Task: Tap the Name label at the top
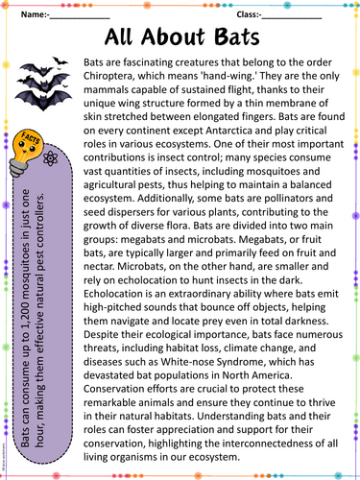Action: tap(34, 16)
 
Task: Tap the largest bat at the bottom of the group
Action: tap(53, 107)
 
